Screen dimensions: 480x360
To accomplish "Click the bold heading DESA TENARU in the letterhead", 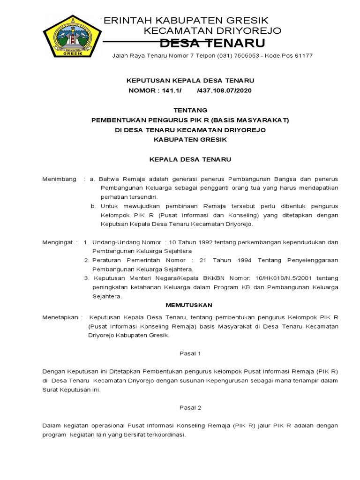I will click(212, 44).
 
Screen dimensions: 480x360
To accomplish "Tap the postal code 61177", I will click(302, 56).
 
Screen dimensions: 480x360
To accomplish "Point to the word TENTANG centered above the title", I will click(190, 110).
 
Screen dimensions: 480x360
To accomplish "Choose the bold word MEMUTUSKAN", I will click(190, 305).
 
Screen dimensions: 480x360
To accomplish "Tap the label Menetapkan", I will click(60, 317).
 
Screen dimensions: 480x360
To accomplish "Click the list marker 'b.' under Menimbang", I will click(93, 206).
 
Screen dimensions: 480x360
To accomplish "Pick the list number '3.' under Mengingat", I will click(87, 278).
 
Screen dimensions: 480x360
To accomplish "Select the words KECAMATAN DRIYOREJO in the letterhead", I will click(212, 31).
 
